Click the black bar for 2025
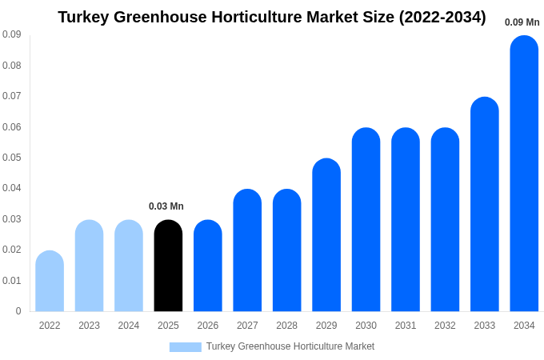[x=168, y=266]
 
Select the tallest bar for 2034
[x=524, y=174]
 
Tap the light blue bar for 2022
[x=50, y=281]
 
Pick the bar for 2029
[x=326, y=235]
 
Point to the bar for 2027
[x=247, y=250]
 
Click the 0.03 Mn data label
[x=166, y=206]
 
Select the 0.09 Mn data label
[x=522, y=22]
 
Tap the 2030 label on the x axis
[x=366, y=326]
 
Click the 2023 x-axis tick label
[x=89, y=326]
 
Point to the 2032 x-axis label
[x=445, y=326]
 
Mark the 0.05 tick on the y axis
[x=11, y=158]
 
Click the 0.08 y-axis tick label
[x=11, y=66]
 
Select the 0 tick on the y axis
[x=18, y=311]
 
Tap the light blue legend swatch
[x=185, y=347]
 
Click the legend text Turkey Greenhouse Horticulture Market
[x=290, y=346]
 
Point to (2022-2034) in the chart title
[x=442, y=17]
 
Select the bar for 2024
[x=129, y=266]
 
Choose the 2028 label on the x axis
[x=286, y=326]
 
